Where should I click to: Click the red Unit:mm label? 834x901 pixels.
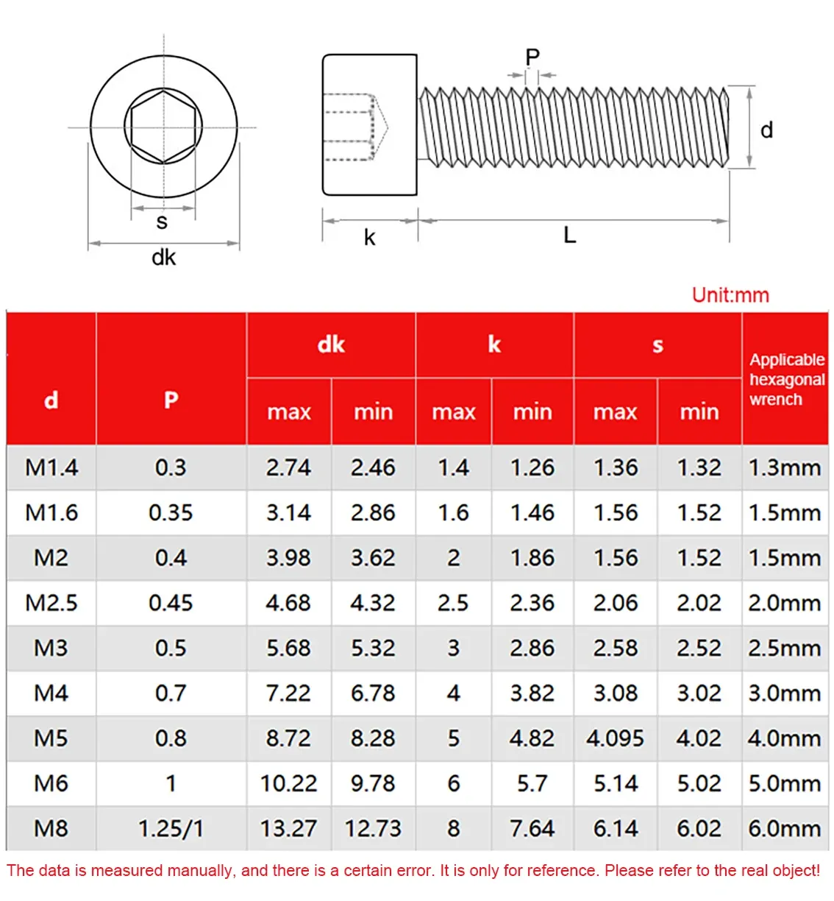(730, 295)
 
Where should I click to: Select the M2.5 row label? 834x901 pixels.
(51, 603)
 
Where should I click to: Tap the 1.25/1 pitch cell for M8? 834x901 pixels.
(171, 829)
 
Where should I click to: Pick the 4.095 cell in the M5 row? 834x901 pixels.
(615, 738)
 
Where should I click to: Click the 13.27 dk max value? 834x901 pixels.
(288, 829)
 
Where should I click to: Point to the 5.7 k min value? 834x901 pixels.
(532, 783)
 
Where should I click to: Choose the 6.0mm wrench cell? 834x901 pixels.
(785, 829)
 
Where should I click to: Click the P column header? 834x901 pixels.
(171, 400)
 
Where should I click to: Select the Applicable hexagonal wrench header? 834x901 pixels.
(787, 379)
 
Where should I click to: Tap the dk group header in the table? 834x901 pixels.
(331, 344)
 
